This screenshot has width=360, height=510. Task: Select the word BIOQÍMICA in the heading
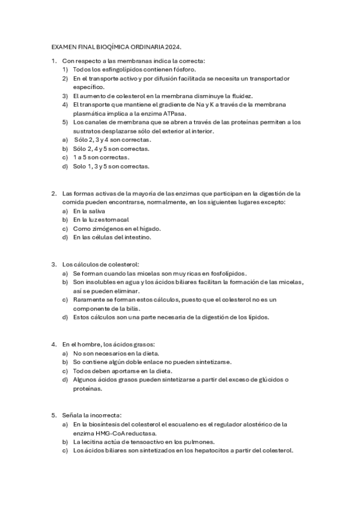coord(106,46)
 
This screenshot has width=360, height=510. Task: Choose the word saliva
coord(95,211)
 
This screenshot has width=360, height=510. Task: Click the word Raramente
coord(90,299)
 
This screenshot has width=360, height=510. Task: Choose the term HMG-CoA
coord(111,433)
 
